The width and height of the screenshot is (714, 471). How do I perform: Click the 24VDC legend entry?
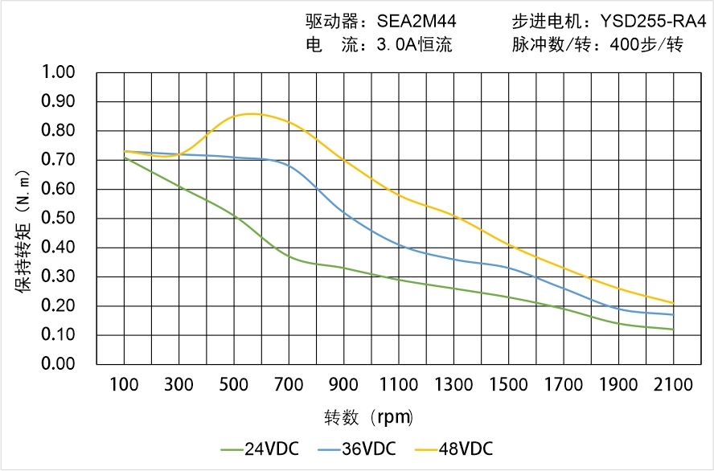tap(259, 448)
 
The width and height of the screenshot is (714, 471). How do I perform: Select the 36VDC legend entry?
tap(356, 448)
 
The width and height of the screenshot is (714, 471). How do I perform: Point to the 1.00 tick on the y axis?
tap(58, 72)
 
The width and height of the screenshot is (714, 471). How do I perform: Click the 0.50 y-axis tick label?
tap(58, 219)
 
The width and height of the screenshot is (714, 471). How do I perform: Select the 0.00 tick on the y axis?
tap(58, 364)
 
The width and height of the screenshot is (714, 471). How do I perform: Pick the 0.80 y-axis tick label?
tap(58, 131)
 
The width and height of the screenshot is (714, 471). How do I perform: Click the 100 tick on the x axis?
tap(124, 385)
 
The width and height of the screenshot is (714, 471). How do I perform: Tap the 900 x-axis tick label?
tap(343, 385)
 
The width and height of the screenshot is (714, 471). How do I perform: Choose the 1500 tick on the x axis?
tap(508, 385)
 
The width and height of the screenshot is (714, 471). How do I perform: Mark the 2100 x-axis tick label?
tap(673, 385)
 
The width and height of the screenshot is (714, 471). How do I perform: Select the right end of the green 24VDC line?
tap(673, 330)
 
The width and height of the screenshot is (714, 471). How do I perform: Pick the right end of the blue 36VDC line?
tap(673, 314)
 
